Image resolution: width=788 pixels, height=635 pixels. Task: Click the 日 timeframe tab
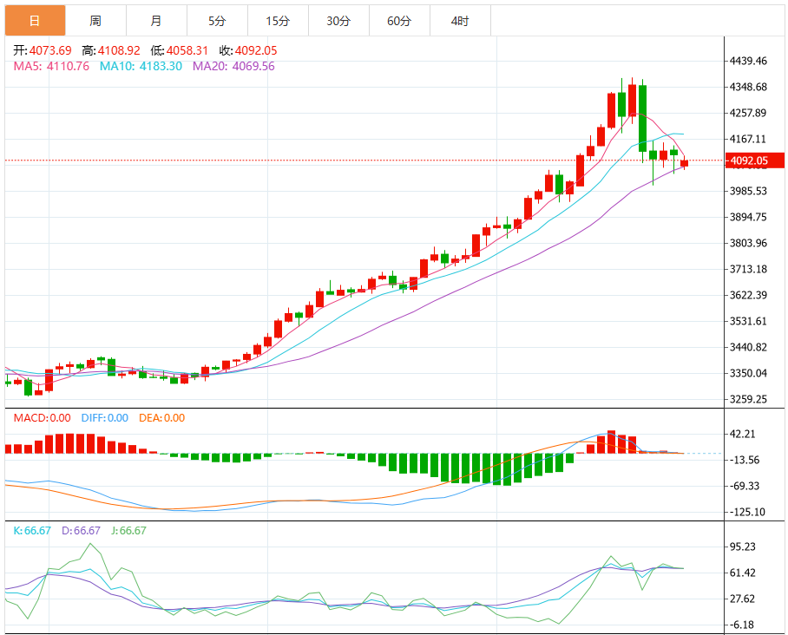35,21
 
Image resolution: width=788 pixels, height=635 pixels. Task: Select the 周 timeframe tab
95,21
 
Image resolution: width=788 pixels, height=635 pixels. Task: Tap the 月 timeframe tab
155,21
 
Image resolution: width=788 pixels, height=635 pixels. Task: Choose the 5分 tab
216,21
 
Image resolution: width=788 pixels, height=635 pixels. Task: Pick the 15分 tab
278,21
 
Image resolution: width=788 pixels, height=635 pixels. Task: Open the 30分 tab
338,21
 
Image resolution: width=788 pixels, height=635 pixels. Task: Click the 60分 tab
399,21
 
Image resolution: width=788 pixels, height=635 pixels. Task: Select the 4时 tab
460,21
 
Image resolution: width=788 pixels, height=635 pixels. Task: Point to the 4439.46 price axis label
748,61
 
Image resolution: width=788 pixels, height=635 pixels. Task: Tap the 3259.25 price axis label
748,399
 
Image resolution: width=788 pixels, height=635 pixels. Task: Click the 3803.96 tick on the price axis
748,243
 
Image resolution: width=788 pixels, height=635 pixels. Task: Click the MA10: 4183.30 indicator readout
141,65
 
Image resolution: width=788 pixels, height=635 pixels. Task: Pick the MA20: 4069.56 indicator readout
233,65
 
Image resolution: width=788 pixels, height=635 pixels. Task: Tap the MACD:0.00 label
43,417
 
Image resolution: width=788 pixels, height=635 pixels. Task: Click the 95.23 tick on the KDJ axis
744,547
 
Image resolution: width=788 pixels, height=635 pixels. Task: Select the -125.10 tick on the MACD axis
746,512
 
